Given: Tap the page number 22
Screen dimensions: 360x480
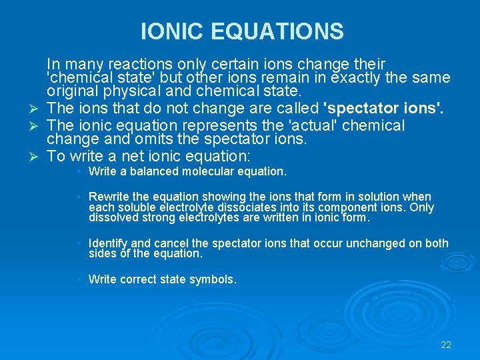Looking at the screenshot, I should coord(446,345).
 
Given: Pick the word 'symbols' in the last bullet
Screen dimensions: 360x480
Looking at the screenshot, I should coord(215,280).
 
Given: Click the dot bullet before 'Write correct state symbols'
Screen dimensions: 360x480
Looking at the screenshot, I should coord(79,279).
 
